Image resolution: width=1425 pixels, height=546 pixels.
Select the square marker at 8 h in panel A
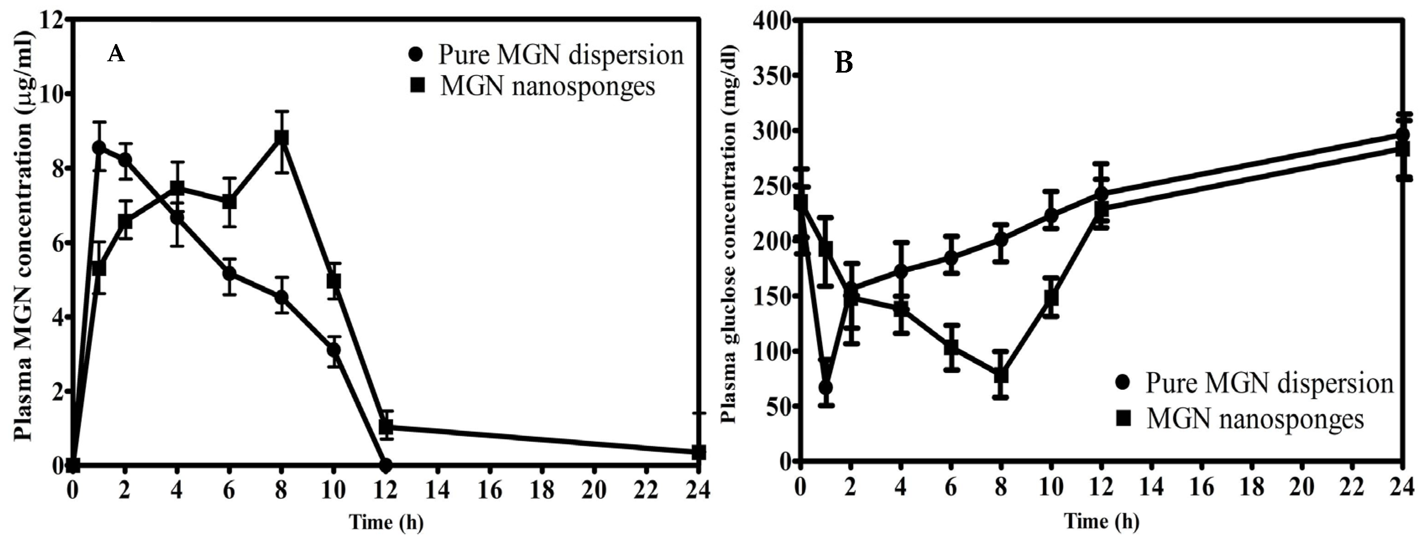281,138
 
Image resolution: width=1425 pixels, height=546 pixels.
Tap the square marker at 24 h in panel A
699,452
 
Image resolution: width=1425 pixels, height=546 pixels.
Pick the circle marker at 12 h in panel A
386,464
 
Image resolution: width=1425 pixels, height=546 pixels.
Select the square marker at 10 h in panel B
1051,298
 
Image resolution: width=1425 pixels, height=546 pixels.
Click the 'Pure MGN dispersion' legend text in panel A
560,55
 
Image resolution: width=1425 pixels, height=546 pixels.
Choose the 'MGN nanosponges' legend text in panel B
1255,419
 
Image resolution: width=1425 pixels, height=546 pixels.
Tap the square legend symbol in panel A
418,85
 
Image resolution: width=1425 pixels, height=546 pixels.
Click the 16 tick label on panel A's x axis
491,490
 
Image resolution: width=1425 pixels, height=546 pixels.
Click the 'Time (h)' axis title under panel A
386,522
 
